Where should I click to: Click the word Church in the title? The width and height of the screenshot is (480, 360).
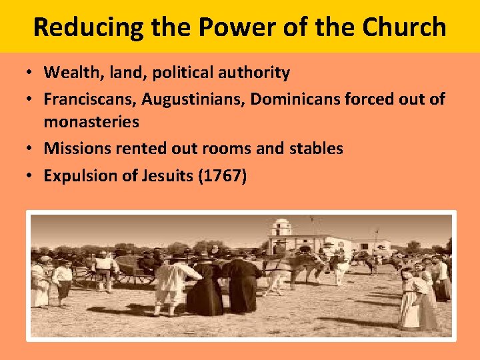click(x=405, y=27)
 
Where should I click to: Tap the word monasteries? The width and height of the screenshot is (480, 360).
click(x=91, y=122)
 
